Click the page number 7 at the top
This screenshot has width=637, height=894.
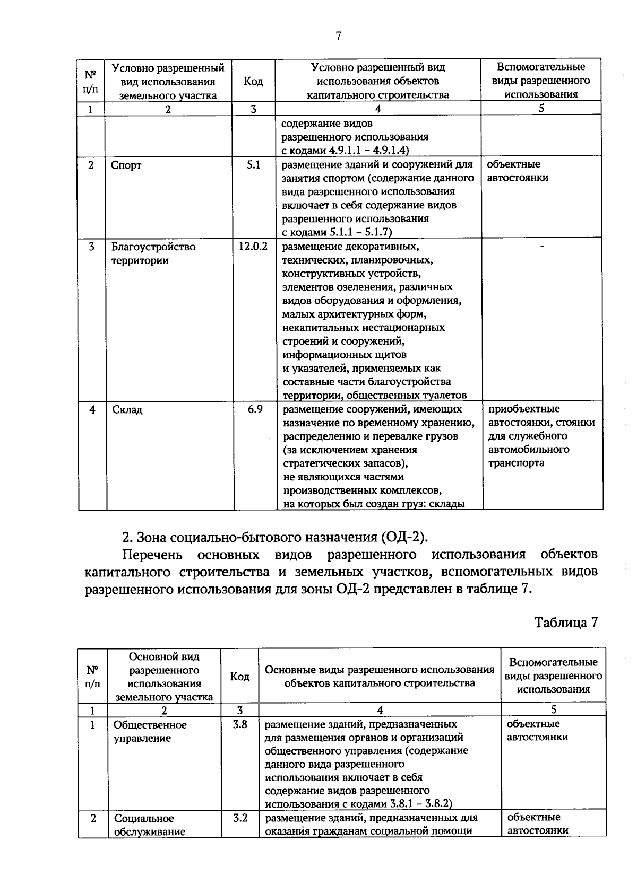(x=338, y=37)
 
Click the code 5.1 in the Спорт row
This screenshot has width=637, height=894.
(x=254, y=165)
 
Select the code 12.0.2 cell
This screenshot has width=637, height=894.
(x=253, y=247)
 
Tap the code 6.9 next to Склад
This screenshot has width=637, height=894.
(x=255, y=409)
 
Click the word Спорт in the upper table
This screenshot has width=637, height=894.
(x=126, y=165)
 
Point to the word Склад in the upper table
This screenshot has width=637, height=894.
(x=127, y=410)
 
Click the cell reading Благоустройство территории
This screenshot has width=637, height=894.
(x=153, y=253)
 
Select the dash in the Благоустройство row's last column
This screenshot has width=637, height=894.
(x=541, y=246)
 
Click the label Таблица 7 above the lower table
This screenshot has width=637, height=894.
(x=566, y=623)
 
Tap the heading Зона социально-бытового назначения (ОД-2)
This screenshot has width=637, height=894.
(x=275, y=537)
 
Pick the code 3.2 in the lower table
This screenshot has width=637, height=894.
(x=240, y=818)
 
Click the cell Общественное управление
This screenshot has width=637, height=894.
(x=150, y=731)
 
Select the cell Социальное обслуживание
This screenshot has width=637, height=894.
(x=150, y=825)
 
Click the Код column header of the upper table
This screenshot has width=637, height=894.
(x=253, y=81)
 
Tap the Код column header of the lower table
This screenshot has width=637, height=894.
(x=239, y=677)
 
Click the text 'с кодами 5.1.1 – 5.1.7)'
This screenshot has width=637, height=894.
(x=337, y=232)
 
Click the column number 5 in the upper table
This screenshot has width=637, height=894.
(x=541, y=108)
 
